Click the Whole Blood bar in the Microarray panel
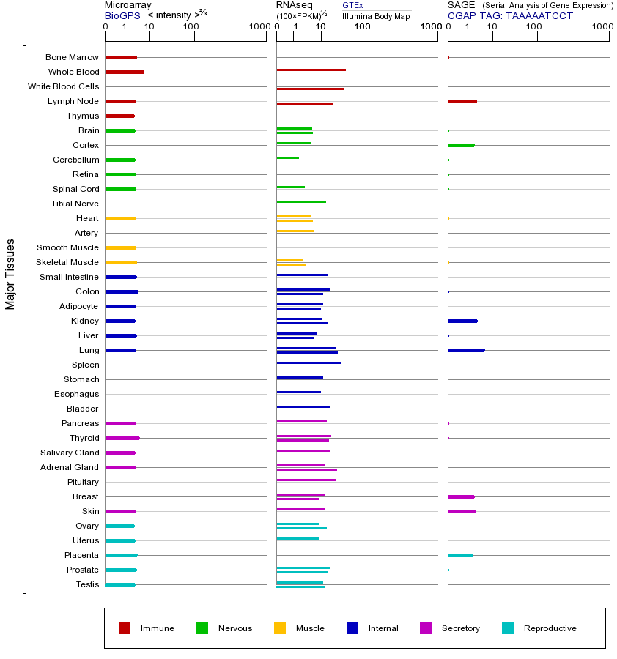point(125,72)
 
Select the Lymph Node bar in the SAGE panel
point(462,101)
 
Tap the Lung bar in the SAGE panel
point(466,350)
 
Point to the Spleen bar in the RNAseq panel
point(308,362)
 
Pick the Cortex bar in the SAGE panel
point(461,145)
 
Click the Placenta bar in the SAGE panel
point(460,555)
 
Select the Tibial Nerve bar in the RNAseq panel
point(301,201)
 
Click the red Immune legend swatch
point(125,628)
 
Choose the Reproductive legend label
point(550,628)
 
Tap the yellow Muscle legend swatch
point(280,628)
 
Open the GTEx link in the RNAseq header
point(352,5)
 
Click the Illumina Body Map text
point(376,15)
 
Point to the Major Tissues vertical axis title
point(10,274)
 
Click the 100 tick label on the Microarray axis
point(191,27)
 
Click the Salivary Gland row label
point(70,453)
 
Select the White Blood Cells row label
point(63,86)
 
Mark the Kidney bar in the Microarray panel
point(120,321)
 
